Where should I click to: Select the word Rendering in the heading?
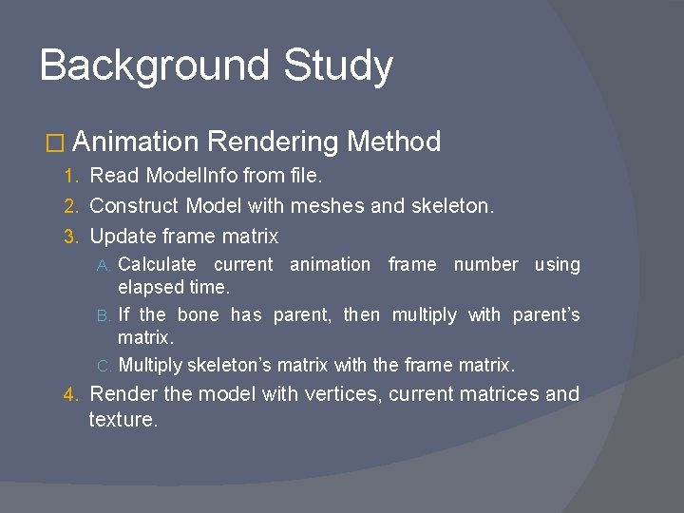271,142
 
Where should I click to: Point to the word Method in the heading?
393,142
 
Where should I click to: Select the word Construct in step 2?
134,205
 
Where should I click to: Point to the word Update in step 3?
118,236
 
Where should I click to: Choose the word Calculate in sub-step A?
157,265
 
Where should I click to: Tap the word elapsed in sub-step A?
146,285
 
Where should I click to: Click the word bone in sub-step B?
198,315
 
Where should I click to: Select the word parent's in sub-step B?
546,315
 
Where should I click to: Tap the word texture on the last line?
122,419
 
